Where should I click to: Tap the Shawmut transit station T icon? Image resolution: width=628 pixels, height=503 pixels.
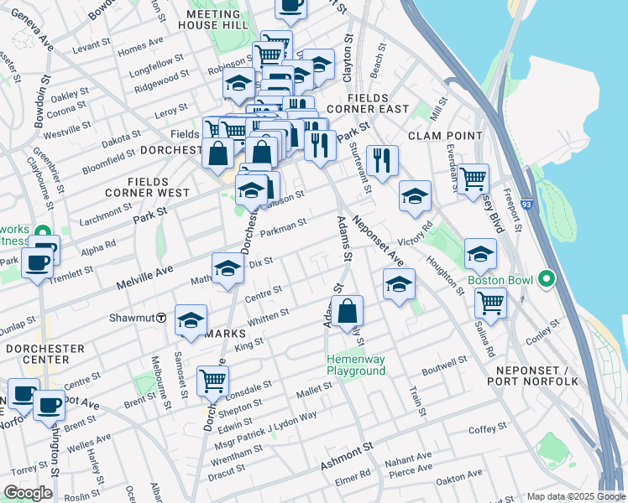[160, 318]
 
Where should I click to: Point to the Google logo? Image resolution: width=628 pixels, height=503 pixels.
[28, 493]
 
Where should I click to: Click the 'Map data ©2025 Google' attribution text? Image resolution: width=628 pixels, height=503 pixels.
[575, 496]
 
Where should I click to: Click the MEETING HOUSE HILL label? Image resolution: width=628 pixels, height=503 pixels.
[212, 20]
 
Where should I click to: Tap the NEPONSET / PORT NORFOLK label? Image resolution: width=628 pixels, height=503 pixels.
[535, 376]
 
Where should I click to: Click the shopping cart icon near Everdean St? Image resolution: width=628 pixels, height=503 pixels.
[474, 178]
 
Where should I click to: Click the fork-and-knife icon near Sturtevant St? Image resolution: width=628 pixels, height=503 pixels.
[382, 159]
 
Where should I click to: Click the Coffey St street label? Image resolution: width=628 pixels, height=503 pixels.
[484, 429]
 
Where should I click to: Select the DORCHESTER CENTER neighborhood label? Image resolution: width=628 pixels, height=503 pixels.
[44, 354]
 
